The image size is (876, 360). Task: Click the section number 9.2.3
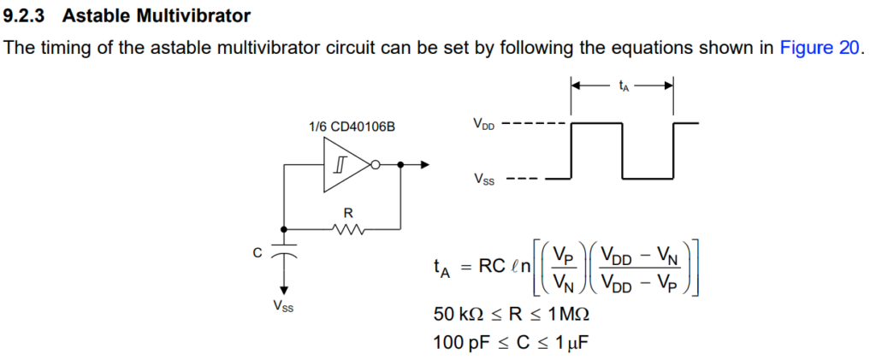[27, 16]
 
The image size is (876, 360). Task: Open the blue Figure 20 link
[818, 48]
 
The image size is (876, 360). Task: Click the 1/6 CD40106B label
[352, 127]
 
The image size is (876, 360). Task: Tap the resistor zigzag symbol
[348, 228]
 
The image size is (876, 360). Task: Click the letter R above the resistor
[348, 211]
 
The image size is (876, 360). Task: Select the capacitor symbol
[283, 254]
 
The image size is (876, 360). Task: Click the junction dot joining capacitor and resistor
[283, 228]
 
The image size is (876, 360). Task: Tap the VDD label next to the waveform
[483, 125]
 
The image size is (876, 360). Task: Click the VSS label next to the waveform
[483, 180]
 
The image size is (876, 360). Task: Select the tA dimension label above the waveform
[623, 86]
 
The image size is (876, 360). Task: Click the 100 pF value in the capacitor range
[461, 343]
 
